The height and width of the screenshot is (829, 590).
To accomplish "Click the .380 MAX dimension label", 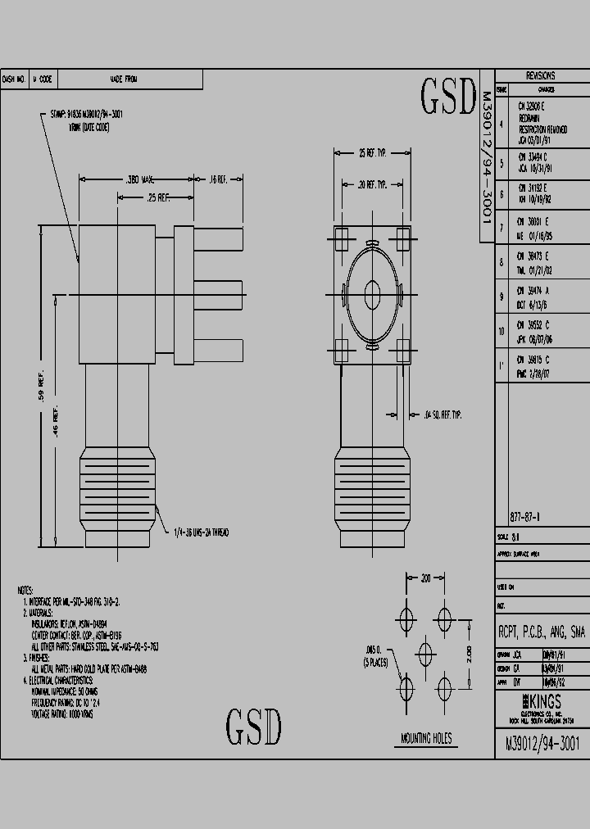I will [x=140, y=179].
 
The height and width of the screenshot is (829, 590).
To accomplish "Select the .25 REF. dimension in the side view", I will [x=158, y=197].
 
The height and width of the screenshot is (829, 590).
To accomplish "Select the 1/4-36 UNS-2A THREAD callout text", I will [x=200, y=532].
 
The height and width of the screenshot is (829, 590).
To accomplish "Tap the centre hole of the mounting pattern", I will [x=424, y=651].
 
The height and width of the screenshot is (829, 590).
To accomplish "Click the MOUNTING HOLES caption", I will [x=426, y=738].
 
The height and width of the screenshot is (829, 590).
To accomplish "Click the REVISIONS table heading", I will [x=540, y=75].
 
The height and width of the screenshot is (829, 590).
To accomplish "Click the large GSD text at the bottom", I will [x=254, y=727].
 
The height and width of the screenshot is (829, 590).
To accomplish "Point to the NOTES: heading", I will [x=27, y=590].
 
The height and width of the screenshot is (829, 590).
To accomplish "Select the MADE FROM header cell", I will [x=124, y=79].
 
